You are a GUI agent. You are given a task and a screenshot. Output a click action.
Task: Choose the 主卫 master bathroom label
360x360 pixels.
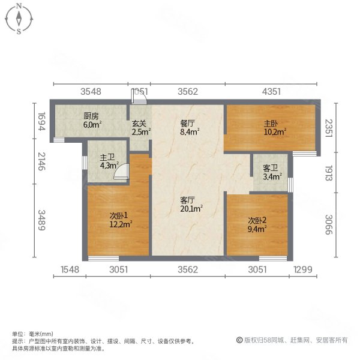pyautogui.click(x=108, y=159)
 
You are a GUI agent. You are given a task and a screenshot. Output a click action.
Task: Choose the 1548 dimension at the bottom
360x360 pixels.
pyautogui.click(x=71, y=271)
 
